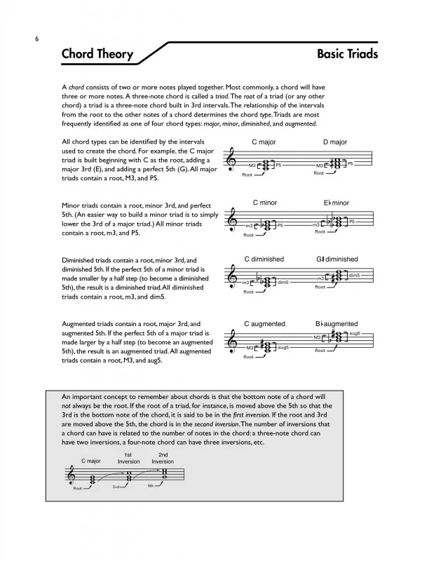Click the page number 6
(x=36, y=40)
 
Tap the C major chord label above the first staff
(x=264, y=142)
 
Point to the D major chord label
(x=335, y=142)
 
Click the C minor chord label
(x=264, y=203)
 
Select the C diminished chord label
(x=264, y=259)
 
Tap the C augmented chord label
(x=264, y=324)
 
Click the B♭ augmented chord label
(x=336, y=324)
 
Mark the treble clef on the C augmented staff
(x=232, y=342)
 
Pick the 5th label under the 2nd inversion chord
(x=149, y=486)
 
